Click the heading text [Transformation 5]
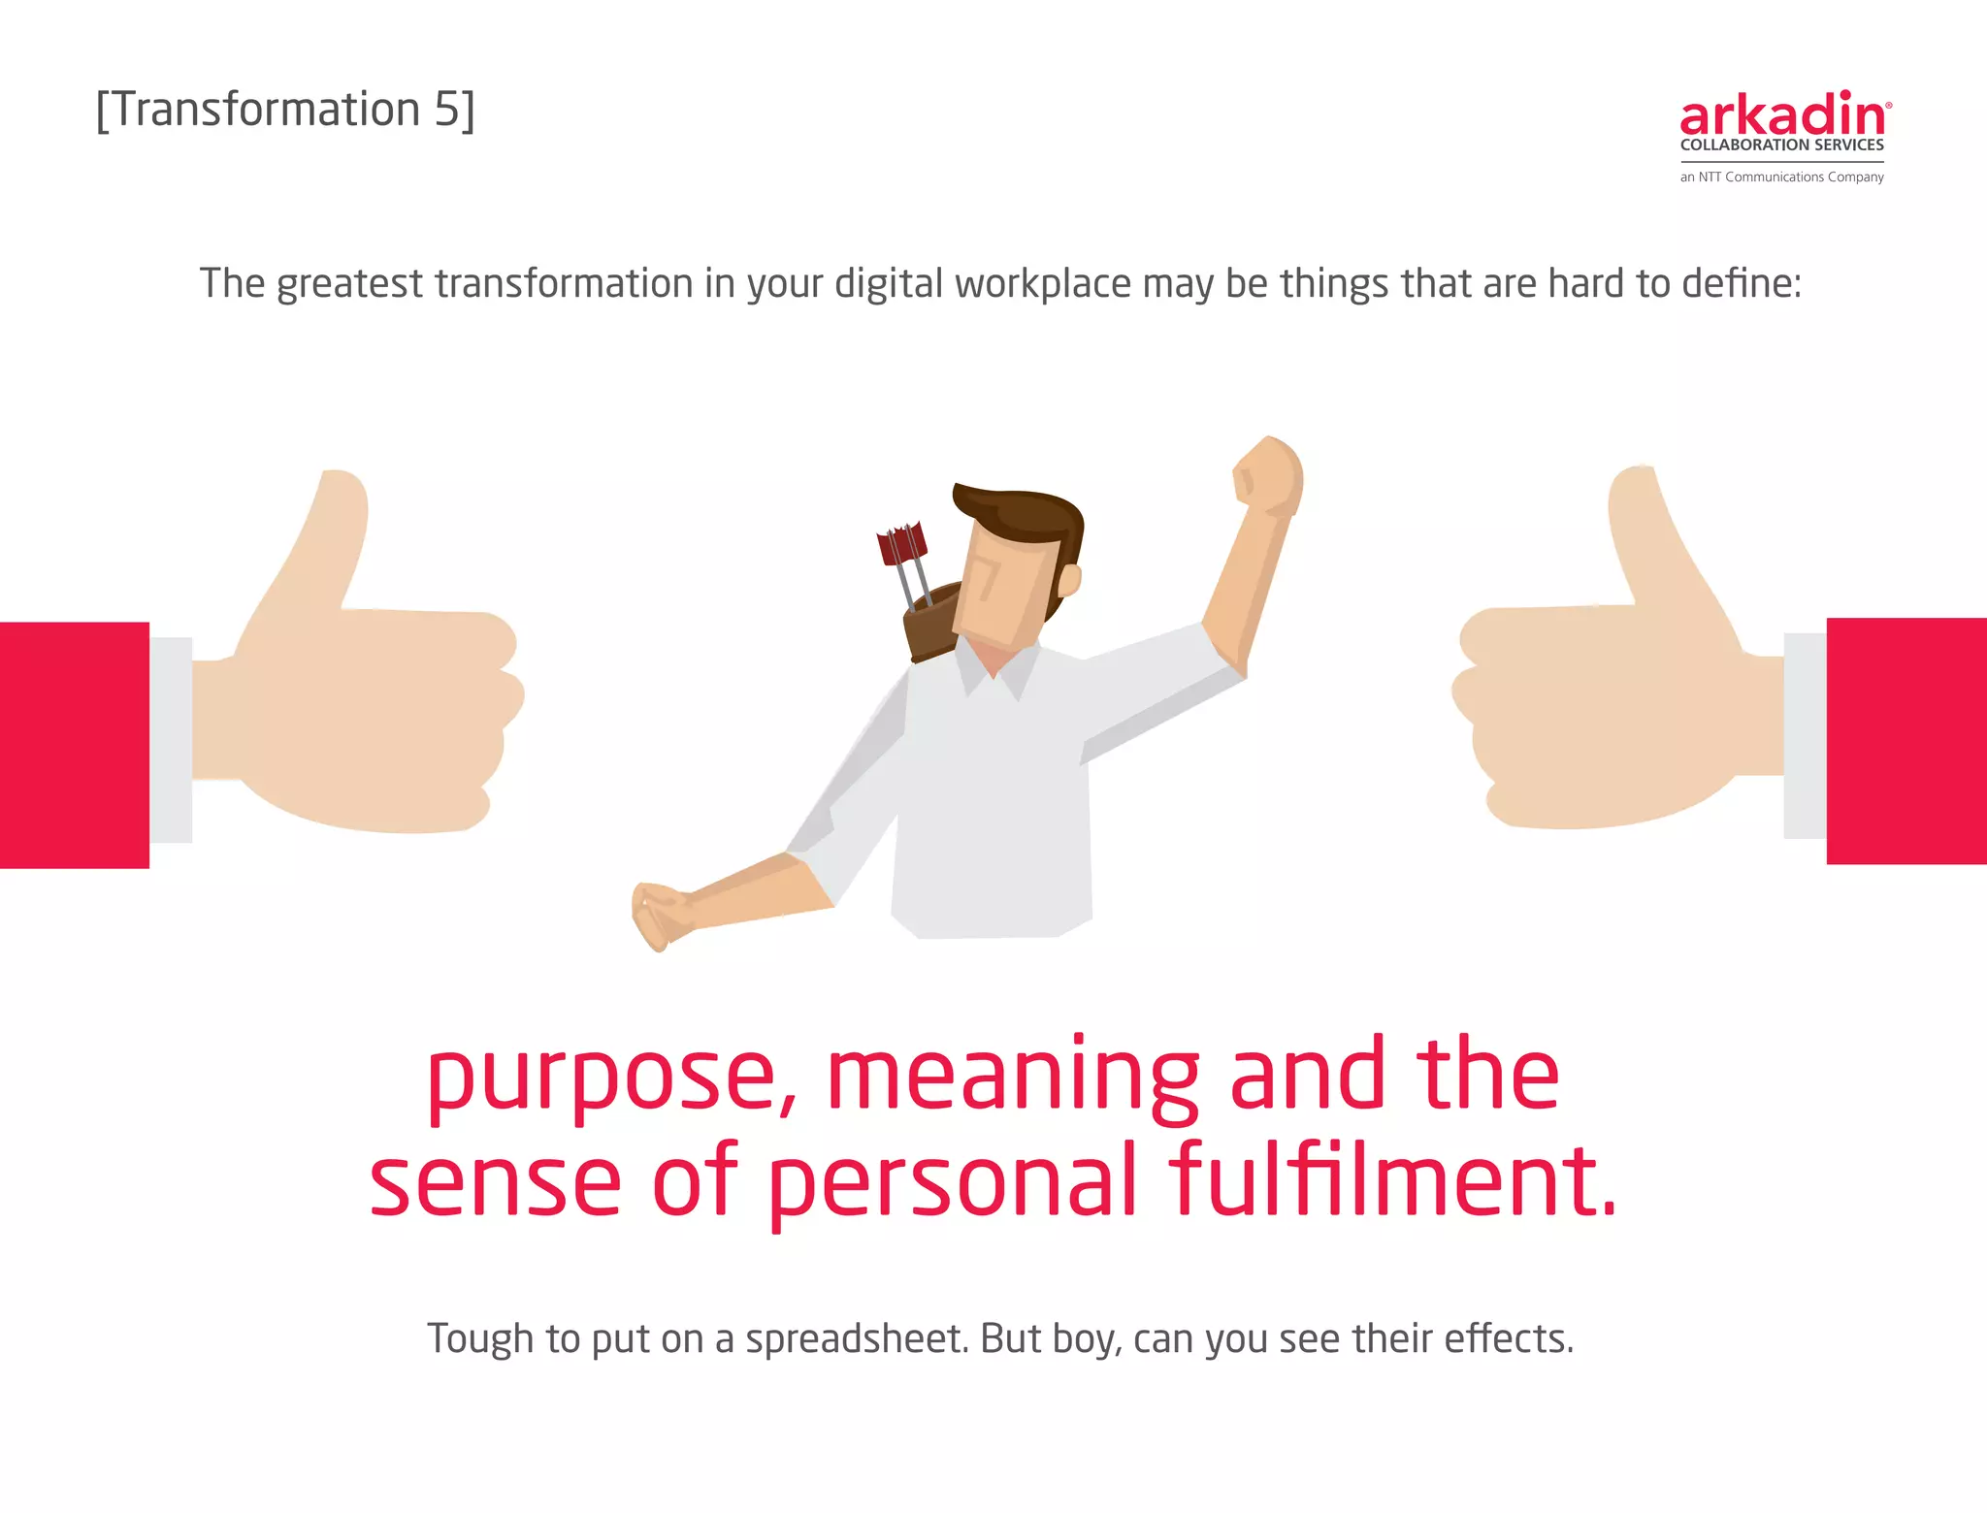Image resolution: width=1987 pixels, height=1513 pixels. pos(285,110)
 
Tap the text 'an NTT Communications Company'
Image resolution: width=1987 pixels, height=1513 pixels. pos(1781,177)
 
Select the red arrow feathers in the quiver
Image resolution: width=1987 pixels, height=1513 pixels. pos(901,544)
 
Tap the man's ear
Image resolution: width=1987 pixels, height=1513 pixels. pos(1070,580)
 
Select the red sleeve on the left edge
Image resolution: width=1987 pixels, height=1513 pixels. pos(74,745)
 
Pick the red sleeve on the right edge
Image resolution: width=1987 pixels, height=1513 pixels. pos(1906,741)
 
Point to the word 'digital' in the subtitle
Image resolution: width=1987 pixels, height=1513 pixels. pos(889,284)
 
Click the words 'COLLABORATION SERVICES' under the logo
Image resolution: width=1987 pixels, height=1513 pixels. pos(1781,145)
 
